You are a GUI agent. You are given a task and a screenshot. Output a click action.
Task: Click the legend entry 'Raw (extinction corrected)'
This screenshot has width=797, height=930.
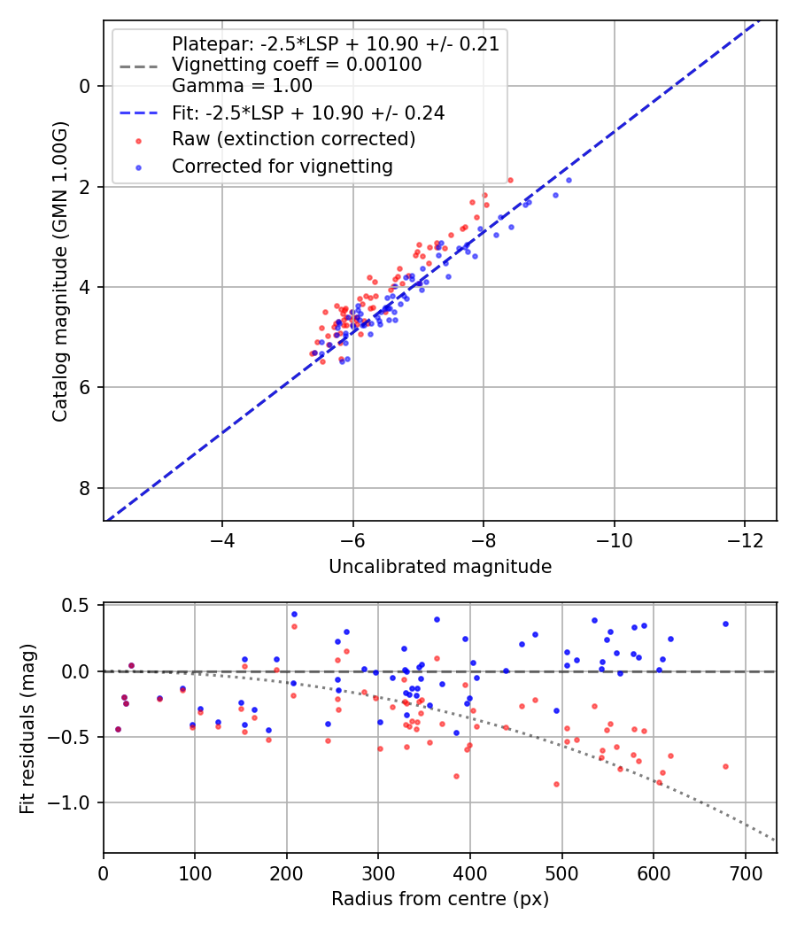coord(293,139)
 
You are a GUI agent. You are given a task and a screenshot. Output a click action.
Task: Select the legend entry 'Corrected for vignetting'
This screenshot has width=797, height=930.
coord(282,166)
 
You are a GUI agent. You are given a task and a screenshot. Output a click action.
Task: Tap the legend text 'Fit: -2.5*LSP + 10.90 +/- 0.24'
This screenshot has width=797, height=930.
coord(307,112)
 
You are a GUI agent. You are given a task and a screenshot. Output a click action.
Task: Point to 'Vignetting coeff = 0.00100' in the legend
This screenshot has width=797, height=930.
coord(297,65)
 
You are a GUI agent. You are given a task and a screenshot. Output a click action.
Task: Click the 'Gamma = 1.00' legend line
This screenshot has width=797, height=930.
coord(242,86)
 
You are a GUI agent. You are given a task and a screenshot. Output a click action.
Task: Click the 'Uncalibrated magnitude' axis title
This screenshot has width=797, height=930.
coord(440,567)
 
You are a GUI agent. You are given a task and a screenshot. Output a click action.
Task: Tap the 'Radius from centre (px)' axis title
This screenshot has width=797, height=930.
coord(440,899)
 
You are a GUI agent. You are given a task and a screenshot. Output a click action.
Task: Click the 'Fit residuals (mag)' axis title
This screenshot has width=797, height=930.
coord(27,729)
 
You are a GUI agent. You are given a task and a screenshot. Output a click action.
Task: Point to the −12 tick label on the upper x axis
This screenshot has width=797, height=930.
coord(744,540)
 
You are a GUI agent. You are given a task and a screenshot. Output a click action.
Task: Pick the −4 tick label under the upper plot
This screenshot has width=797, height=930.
coord(222,540)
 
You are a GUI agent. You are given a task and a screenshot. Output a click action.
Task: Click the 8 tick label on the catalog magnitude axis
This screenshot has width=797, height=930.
coord(85,488)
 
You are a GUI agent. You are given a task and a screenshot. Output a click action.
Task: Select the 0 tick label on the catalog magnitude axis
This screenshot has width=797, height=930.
coord(85,86)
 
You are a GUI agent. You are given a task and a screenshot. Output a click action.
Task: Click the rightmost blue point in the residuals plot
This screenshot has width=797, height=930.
coord(725,624)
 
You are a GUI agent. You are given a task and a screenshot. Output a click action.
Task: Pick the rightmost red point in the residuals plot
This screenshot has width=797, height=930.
coord(725,766)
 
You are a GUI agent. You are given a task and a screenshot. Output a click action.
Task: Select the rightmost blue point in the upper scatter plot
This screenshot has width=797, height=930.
coord(569,180)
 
